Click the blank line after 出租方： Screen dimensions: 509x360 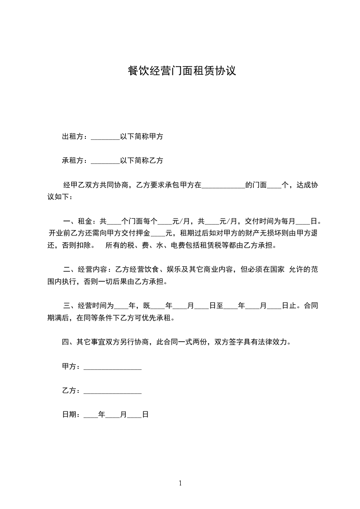pos(105,137)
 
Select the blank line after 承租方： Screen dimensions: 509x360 pos(105,161)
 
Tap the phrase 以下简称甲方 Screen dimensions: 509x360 pos(141,137)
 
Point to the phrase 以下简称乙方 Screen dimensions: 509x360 pos(141,161)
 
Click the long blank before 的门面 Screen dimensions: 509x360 pos(223,186)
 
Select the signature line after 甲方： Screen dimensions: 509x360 pos(113,367)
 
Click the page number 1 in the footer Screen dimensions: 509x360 pos(180,483)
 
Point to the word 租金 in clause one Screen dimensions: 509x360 pos(85,222)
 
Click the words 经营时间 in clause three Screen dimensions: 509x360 pos(92,306)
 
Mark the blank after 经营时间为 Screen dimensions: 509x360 pos(121,306)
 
